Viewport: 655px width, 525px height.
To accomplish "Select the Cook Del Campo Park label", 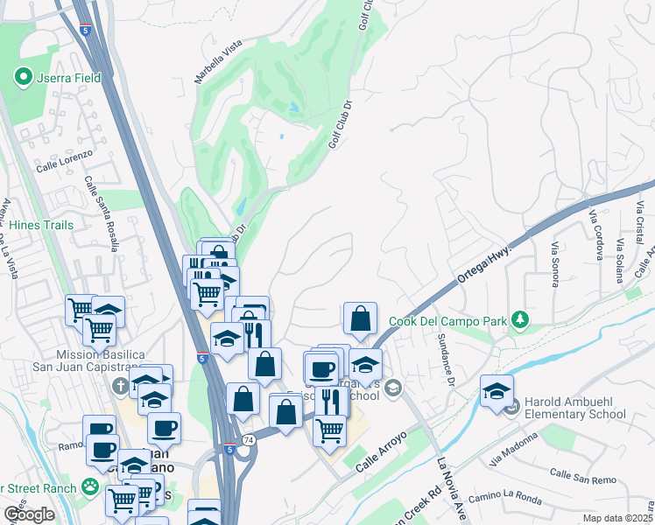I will [x=449, y=321].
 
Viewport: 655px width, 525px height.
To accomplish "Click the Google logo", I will [x=29, y=514].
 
